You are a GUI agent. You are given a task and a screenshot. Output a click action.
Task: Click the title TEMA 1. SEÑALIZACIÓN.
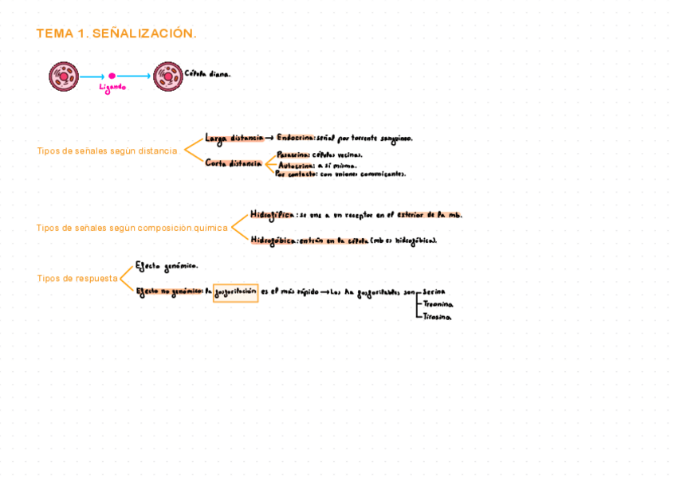pyautogui.click(x=116, y=33)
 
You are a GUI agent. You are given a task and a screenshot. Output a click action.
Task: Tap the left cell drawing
pyautogui.click(x=63, y=76)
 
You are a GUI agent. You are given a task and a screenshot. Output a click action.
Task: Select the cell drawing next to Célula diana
pyautogui.click(x=167, y=76)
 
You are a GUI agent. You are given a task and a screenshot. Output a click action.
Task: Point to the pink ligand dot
pyautogui.click(x=112, y=76)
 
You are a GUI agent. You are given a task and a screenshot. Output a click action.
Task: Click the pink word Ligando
pyautogui.click(x=112, y=88)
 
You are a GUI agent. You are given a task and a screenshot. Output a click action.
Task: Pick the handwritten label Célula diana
pyautogui.click(x=207, y=74)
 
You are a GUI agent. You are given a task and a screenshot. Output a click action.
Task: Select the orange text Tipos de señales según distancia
pyautogui.click(x=107, y=151)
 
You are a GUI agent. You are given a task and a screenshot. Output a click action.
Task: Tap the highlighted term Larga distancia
pyautogui.click(x=234, y=138)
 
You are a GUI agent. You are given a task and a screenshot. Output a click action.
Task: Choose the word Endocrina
pyautogui.click(x=296, y=138)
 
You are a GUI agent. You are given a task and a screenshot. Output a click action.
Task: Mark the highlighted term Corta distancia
pyautogui.click(x=233, y=163)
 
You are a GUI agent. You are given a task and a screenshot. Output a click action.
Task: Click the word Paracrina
pyautogui.click(x=293, y=154)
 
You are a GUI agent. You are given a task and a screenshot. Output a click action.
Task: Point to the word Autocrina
pyautogui.click(x=296, y=165)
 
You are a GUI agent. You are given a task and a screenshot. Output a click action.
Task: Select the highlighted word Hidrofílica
pyautogui.click(x=272, y=214)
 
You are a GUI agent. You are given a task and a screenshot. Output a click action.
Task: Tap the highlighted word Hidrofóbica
pyautogui.click(x=273, y=240)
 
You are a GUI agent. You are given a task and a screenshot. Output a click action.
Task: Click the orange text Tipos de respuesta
pyautogui.click(x=77, y=279)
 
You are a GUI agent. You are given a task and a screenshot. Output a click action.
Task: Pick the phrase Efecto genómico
pyautogui.click(x=167, y=266)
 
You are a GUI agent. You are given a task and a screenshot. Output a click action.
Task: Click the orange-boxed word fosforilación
pyautogui.click(x=236, y=292)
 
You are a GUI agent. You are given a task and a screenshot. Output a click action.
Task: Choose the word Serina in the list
pyautogui.click(x=435, y=291)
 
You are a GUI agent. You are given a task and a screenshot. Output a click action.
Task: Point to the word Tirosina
pyautogui.click(x=437, y=317)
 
